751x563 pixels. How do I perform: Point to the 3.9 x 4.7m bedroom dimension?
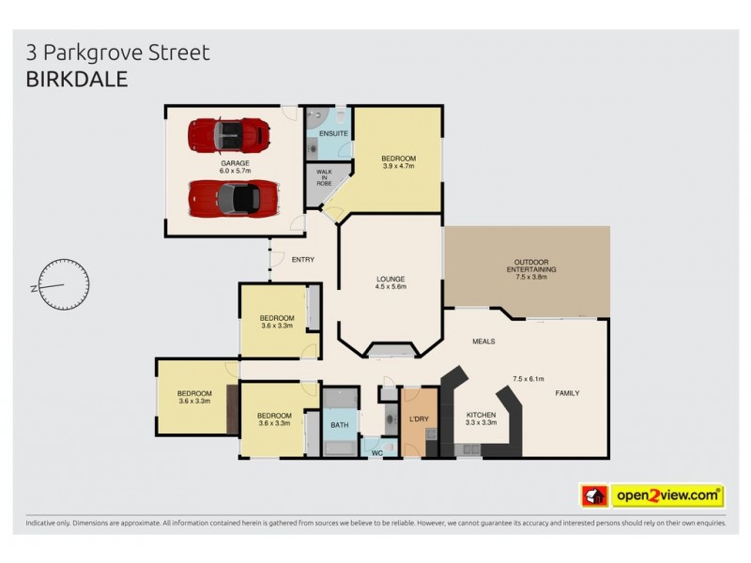pyautogui.click(x=398, y=166)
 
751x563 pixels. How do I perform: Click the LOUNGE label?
pyautogui.click(x=390, y=279)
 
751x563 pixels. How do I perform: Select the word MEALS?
pyautogui.click(x=483, y=342)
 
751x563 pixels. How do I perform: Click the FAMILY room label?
pyautogui.click(x=568, y=392)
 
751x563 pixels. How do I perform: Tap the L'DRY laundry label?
pyautogui.click(x=419, y=418)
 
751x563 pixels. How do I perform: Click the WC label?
pyautogui.click(x=377, y=453)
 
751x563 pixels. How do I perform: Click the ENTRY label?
pyautogui.click(x=303, y=260)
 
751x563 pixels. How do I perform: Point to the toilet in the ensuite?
pyautogui.click(x=317, y=119)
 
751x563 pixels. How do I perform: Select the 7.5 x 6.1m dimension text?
pyautogui.click(x=529, y=379)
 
